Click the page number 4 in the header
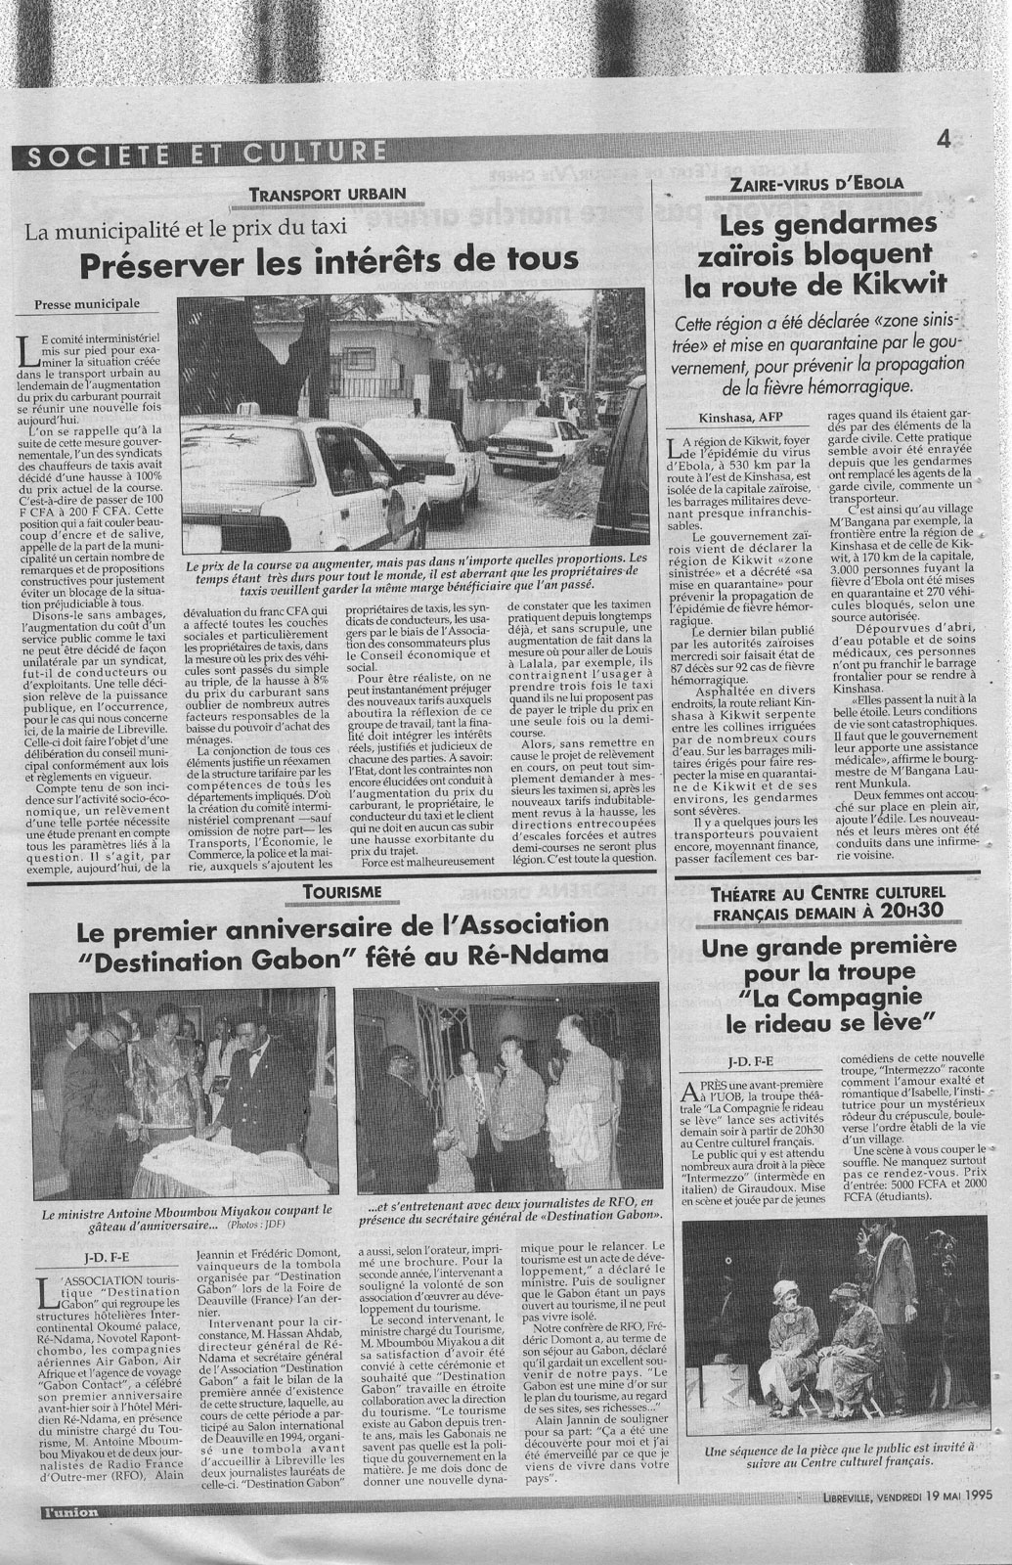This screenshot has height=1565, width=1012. pos(944,139)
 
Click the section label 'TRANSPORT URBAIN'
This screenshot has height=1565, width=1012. pos(311,194)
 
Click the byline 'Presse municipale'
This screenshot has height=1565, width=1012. pos(87,304)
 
